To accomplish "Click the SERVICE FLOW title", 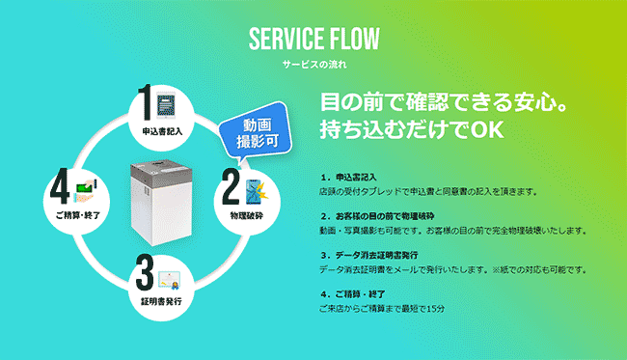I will pyautogui.click(x=313, y=39).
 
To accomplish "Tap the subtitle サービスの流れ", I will pyautogui.click(x=313, y=65).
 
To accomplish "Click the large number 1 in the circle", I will pyautogui.click(x=146, y=102).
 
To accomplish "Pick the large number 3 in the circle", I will pyautogui.click(x=144, y=274).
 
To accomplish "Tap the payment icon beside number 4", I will pyautogui.click(x=84, y=185).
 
